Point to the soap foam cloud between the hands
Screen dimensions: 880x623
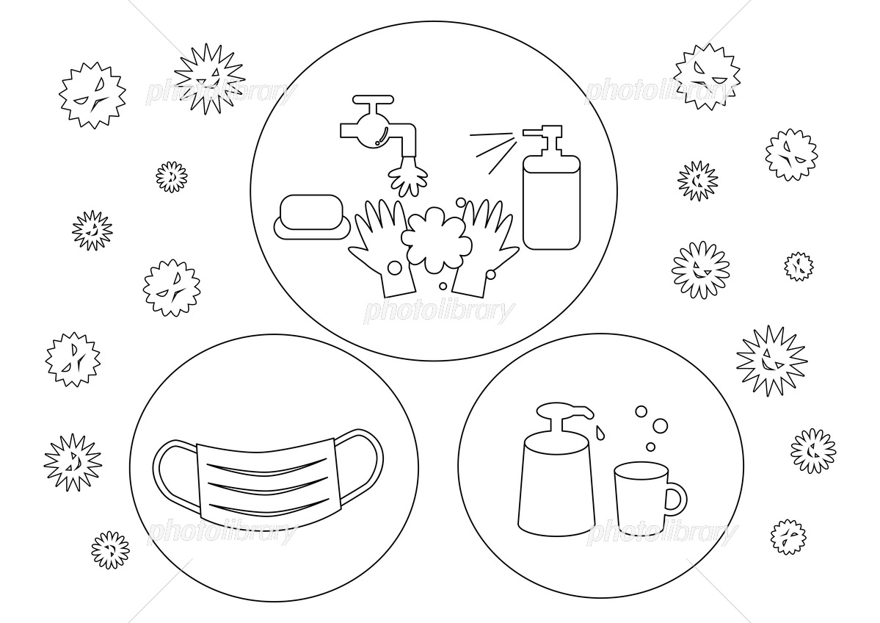(436, 240)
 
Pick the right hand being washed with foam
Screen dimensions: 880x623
(486, 247)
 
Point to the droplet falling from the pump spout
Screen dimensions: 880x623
(601, 432)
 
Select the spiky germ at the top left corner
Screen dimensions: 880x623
(92, 95)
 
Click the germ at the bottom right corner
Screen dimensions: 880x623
(788, 536)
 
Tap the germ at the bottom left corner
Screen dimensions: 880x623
(111, 550)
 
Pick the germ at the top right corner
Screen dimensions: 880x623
(707, 76)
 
